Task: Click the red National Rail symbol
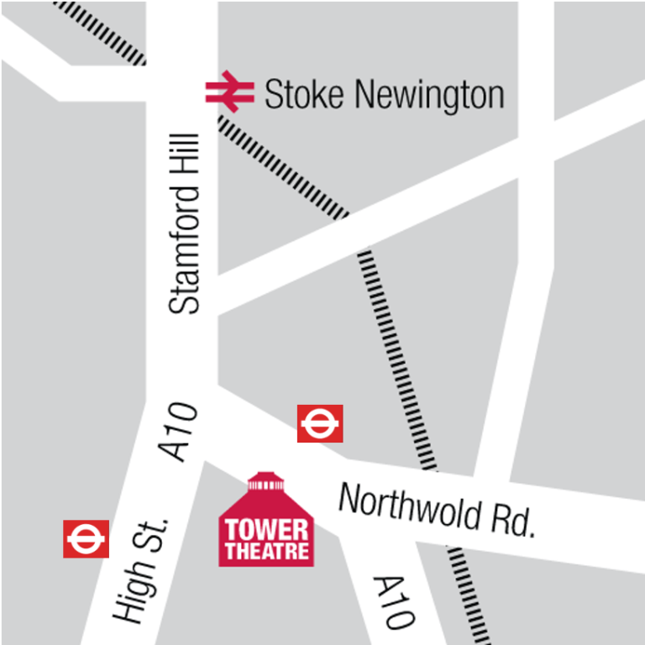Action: pyautogui.click(x=229, y=92)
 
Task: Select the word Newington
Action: pyautogui.click(x=429, y=96)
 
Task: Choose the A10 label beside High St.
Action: pyautogui.click(x=180, y=432)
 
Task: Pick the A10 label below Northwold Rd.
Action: pyautogui.click(x=393, y=602)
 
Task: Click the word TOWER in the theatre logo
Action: pyautogui.click(x=266, y=531)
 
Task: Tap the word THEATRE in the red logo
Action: pyautogui.click(x=266, y=552)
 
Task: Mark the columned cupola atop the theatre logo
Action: pyautogui.click(x=266, y=485)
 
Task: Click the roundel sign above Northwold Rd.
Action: pyautogui.click(x=320, y=423)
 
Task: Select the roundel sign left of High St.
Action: pyautogui.click(x=86, y=538)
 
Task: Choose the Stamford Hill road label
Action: pyautogui.click(x=185, y=223)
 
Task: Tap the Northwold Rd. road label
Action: pyautogui.click(x=437, y=511)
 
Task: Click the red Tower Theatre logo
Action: pyautogui.click(x=266, y=521)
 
